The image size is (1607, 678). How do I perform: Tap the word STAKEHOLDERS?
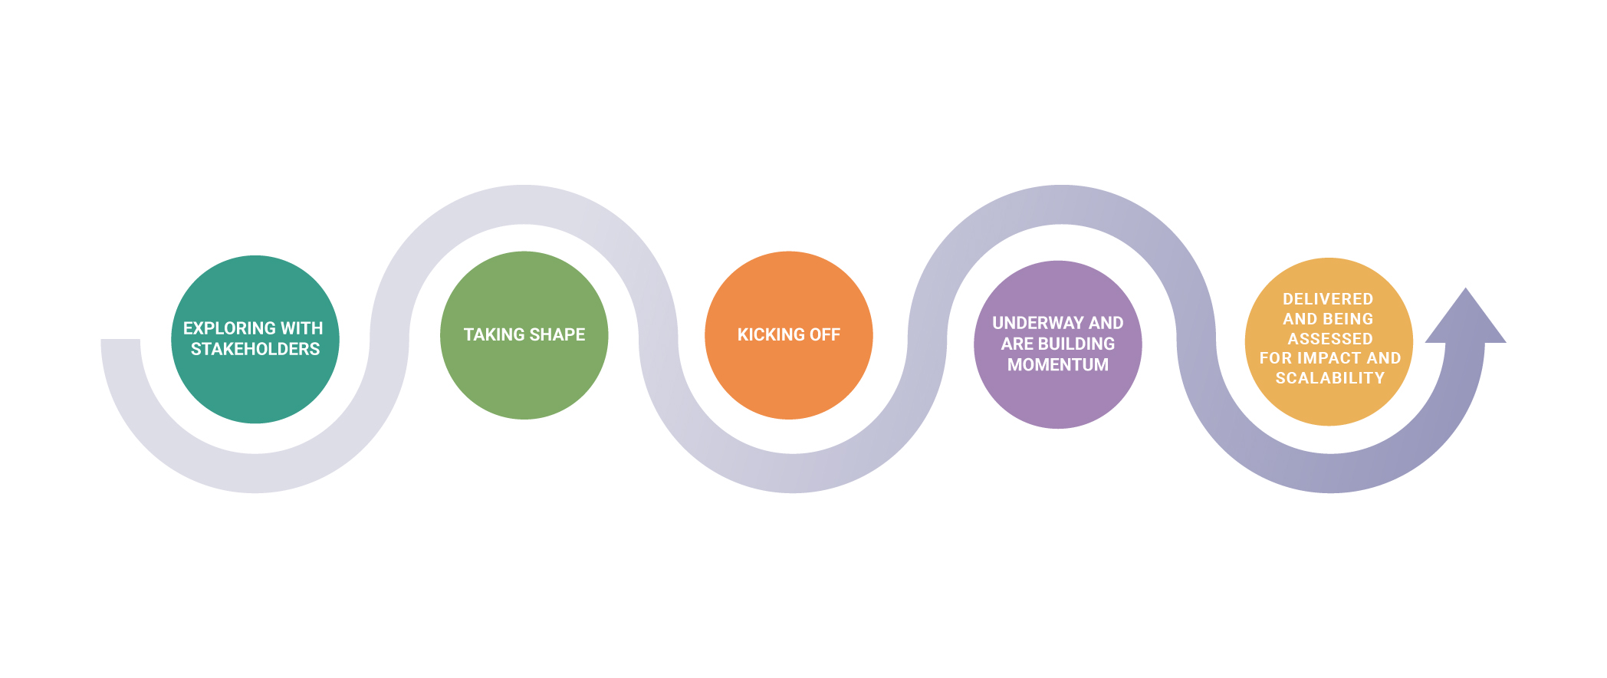[255, 349]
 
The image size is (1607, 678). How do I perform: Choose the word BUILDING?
[1076, 344]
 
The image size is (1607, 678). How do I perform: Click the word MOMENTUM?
[1058, 365]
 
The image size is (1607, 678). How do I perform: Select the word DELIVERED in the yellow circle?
[1328, 299]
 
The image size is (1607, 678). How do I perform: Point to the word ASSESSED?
[1330, 339]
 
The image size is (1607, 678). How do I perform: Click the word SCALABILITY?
[1330, 378]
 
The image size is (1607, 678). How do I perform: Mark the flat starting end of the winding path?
[120, 341]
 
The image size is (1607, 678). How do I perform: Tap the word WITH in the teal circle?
[302, 328]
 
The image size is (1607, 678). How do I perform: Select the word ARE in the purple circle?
[1017, 344]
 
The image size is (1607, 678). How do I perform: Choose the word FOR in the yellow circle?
[1276, 358]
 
